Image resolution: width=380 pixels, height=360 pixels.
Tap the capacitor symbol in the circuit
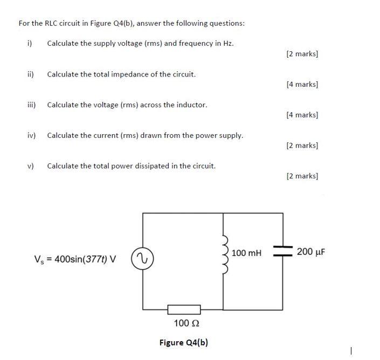282,252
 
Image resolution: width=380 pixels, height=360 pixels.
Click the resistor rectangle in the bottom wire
184,309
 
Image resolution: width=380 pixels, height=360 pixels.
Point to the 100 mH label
246,253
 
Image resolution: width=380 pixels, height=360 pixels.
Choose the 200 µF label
311,252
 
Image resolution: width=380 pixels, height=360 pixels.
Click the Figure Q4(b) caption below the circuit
184,342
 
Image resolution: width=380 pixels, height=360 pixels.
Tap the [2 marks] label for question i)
302,54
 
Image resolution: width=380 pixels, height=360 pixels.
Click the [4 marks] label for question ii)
302,84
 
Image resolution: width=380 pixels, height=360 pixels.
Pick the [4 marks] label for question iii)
302,115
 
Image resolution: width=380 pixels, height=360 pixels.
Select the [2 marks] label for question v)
302,176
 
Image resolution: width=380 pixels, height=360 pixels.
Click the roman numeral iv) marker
31,135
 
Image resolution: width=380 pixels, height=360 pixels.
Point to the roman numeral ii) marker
30,74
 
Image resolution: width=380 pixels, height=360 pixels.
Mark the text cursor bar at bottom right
351,350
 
